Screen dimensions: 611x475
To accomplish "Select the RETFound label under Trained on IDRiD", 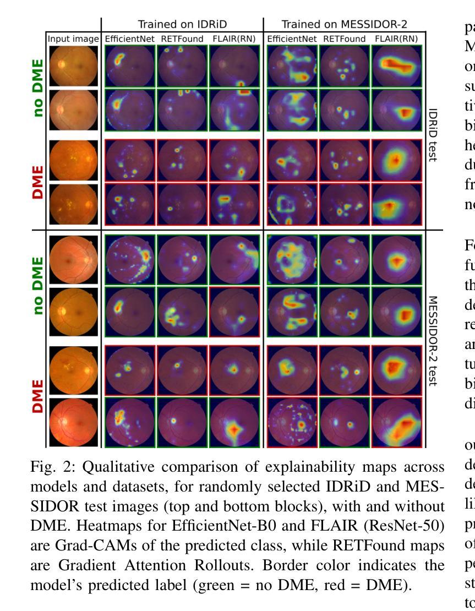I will (182, 39).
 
